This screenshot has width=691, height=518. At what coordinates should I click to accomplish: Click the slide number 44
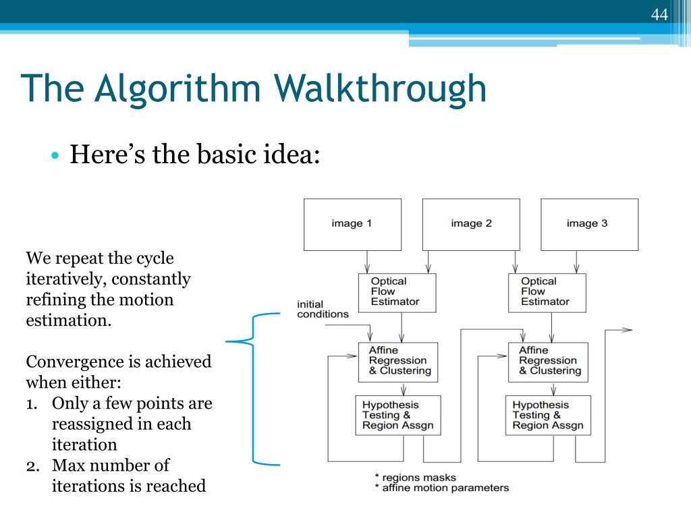[659, 14]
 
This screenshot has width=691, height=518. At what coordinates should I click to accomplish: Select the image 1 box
[352, 224]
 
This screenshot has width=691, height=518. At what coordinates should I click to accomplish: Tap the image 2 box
[471, 224]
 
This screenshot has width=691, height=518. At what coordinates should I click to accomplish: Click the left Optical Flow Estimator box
[398, 292]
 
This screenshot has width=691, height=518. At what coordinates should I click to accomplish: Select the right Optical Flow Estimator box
[547, 292]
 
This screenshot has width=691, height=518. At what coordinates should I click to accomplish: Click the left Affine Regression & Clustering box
[398, 362]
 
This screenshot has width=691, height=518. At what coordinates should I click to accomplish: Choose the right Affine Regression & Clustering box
[548, 362]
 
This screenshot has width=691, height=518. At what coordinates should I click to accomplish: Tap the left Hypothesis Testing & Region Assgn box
[398, 415]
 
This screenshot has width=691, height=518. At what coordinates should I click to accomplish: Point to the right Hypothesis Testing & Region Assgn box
[548, 415]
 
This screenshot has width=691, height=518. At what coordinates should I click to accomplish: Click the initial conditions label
[323, 309]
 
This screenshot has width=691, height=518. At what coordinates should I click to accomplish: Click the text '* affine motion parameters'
[441, 488]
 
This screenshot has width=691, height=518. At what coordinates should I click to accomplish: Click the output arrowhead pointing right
[627, 330]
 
